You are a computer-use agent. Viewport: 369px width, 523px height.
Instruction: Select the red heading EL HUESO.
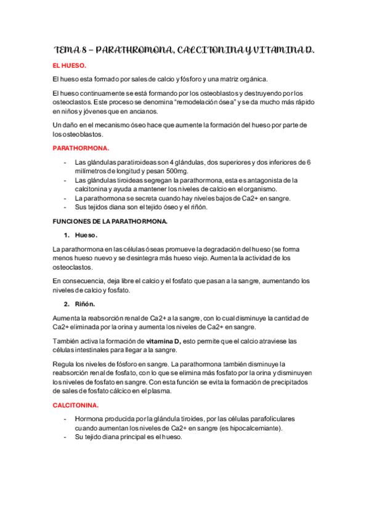pyautogui.click(x=70, y=65)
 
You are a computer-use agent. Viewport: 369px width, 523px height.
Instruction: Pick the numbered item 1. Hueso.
pyautogui.click(x=80, y=235)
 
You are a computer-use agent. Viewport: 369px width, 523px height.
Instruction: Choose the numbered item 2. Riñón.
pyautogui.click(x=79, y=303)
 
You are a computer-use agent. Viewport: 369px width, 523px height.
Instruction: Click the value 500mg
pyautogui.click(x=174, y=171)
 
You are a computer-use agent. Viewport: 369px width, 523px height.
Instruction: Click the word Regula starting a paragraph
pyautogui.click(x=65, y=364)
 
